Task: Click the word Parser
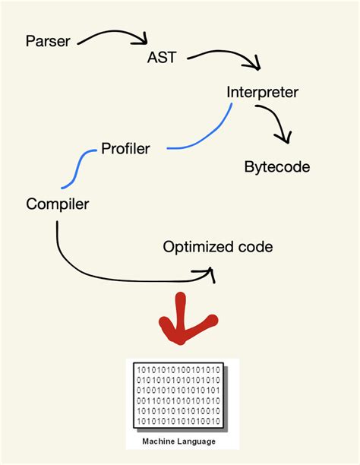[48, 40]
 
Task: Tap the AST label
[163, 59]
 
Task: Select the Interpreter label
[262, 93]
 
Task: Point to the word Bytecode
[277, 167]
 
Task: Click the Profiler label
[125, 149]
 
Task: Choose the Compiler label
[58, 204]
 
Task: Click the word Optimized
[197, 248]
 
